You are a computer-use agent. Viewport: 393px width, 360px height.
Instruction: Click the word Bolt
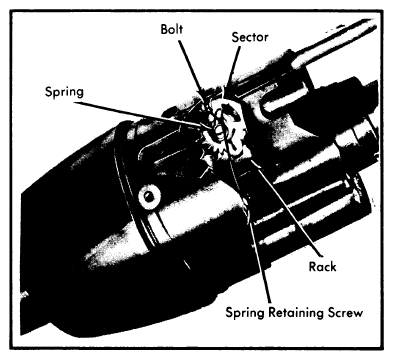pyautogui.click(x=172, y=29)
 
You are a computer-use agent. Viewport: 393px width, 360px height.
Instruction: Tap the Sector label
pyautogui.click(x=250, y=37)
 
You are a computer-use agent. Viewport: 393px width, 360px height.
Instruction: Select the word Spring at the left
pyautogui.click(x=64, y=92)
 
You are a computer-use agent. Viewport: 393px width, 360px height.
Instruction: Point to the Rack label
pyautogui.click(x=322, y=267)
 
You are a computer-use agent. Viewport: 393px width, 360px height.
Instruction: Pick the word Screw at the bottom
pyautogui.click(x=345, y=313)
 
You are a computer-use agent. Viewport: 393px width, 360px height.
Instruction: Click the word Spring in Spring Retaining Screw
pyautogui.click(x=245, y=313)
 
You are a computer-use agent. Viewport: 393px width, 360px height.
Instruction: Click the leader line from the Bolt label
pyautogui.click(x=191, y=68)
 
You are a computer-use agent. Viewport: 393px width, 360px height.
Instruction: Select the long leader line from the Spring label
pyautogui.click(x=138, y=114)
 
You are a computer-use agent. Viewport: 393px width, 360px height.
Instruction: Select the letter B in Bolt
pyautogui.click(x=164, y=29)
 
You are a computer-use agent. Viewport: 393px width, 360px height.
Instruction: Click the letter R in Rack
pyautogui.click(x=313, y=267)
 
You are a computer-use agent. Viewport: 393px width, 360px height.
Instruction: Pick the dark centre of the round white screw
pyautogui.click(x=149, y=197)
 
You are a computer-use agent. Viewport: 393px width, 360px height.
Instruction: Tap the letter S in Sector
pyautogui.click(x=235, y=37)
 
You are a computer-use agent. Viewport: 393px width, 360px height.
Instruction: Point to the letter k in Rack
pyautogui.click(x=333, y=267)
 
